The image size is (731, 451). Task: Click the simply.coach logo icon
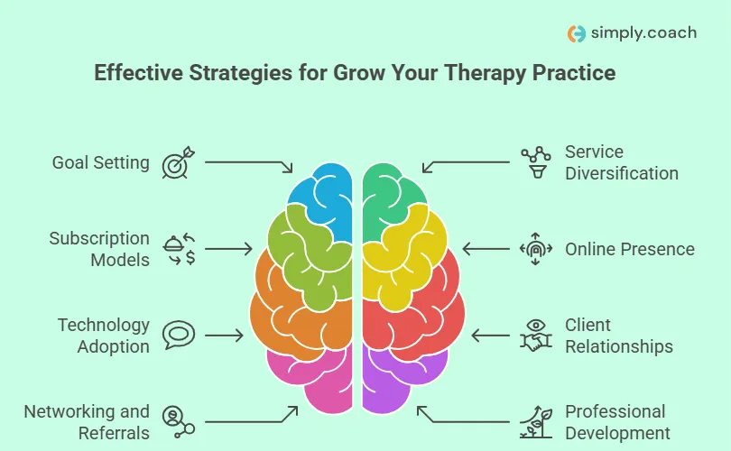[577, 33]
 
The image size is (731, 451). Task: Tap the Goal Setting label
[100, 162]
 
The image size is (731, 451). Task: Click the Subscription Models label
[99, 249]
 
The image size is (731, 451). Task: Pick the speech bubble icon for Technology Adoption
[178, 336]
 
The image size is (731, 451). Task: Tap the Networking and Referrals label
[87, 422]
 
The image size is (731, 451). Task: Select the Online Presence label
[630, 249]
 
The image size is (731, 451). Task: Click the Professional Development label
[617, 422]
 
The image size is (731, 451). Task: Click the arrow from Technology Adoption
[227, 336]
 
